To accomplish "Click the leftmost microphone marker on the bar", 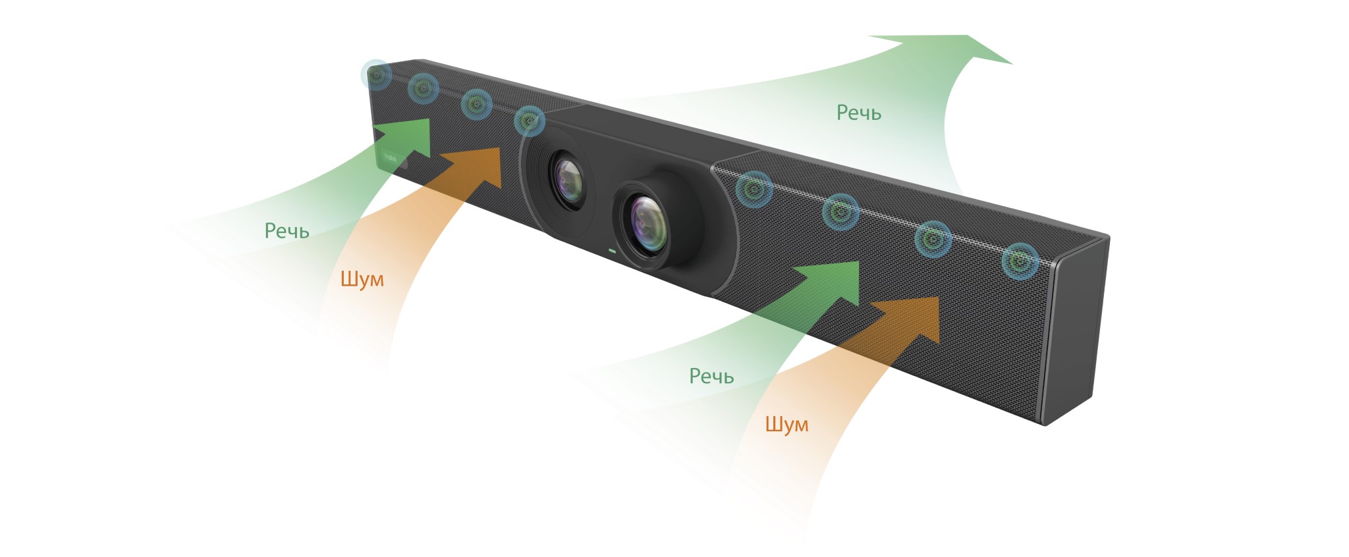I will pos(377,75).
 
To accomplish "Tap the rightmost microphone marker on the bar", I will pos(1020,261).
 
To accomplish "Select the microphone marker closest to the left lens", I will pos(528,121).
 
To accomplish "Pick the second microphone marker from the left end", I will pos(423,88).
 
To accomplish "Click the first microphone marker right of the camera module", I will pos(754,190).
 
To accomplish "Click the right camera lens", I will pos(648,223).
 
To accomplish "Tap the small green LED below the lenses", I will pos(612,251).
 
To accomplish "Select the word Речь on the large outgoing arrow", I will pos(858,113).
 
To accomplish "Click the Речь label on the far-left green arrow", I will pos(287,230).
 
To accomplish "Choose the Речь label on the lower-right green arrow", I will pos(711,376).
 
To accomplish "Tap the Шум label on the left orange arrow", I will pos(362,278).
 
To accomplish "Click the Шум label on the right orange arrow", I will pos(786,424).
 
